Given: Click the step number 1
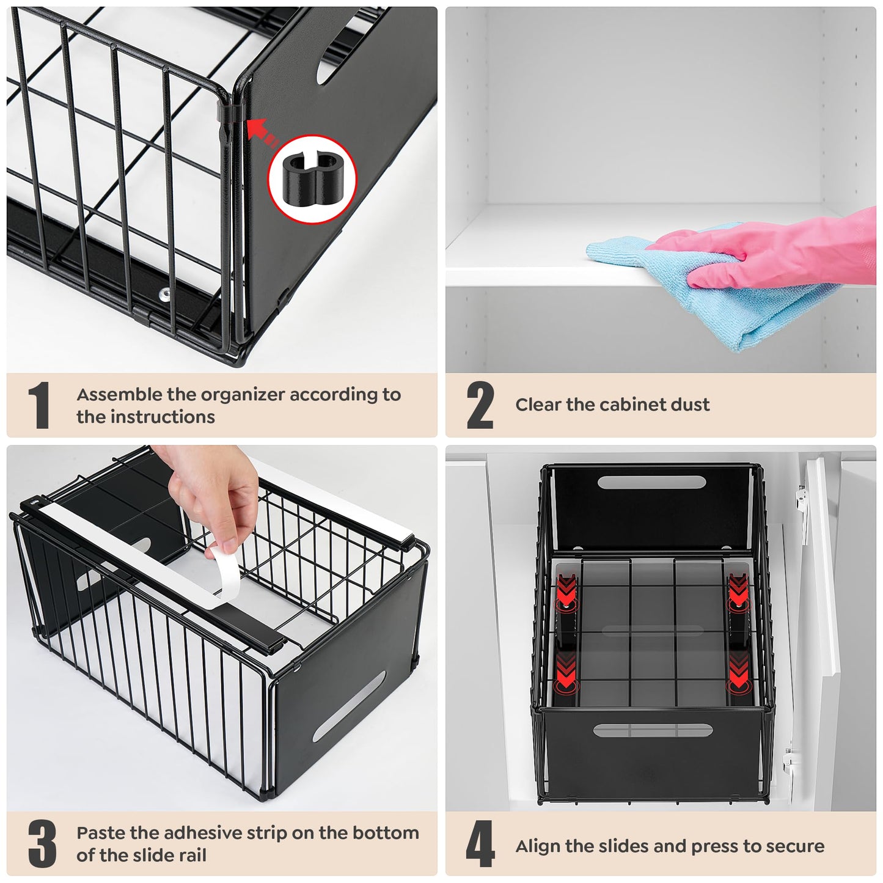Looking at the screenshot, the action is (x=38, y=405).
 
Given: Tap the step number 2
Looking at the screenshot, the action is (x=480, y=405).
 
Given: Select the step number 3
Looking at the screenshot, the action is (x=42, y=844).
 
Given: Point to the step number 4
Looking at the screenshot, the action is (x=480, y=844).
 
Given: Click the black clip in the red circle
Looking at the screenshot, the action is (x=312, y=179).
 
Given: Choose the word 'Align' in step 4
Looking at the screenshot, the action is (x=538, y=846).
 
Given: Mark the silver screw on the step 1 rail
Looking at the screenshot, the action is (x=164, y=294).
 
